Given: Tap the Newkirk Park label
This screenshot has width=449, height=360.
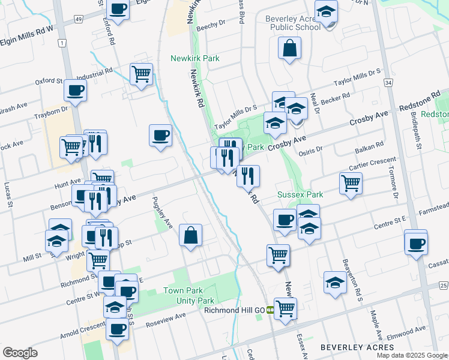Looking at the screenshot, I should (x=195, y=59).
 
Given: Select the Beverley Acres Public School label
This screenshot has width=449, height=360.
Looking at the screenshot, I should (x=292, y=23).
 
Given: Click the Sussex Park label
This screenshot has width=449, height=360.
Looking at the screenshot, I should (x=300, y=194).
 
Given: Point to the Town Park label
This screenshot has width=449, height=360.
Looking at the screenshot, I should (x=181, y=291).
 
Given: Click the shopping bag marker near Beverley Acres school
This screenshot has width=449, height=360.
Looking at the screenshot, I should (x=289, y=49).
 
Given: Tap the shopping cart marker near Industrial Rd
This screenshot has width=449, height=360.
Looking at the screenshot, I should (x=141, y=74).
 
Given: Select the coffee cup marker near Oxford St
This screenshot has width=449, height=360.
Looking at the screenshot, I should (x=75, y=90).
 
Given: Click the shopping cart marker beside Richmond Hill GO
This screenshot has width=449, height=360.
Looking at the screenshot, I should (x=285, y=308).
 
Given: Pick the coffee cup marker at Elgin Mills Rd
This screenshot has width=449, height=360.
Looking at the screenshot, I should (x=118, y=10).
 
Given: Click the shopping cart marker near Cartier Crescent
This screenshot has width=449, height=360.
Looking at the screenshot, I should (x=351, y=184).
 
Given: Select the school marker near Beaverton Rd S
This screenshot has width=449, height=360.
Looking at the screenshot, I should (x=335, y=283).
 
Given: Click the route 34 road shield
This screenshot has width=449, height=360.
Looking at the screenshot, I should (x=389, y=82).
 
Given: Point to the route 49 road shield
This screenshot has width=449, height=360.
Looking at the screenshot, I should (x=79, y=20).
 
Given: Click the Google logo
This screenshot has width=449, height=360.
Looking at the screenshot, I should (x=20, y=353).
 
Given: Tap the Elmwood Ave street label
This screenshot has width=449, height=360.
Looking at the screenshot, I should (x=409, y=329).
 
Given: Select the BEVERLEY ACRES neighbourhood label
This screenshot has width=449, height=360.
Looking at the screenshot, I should (x=357, y=347).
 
